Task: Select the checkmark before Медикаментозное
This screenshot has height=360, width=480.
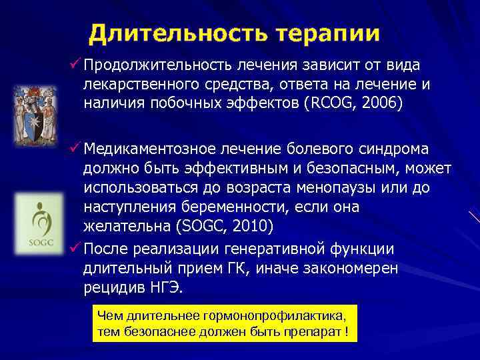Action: pyautogui.click(x=75, y=146)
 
